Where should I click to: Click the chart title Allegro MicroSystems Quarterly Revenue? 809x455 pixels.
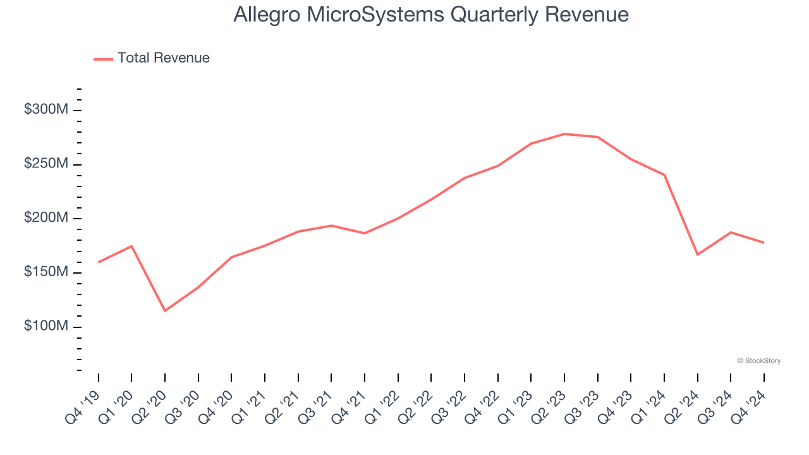click(x=431, y=15)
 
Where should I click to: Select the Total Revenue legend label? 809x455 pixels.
click(x=163, y=58)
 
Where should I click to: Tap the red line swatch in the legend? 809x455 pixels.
click(x=103, y=59)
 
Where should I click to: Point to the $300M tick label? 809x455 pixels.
click(x=46, y=110)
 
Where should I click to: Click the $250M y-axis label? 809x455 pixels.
click(x=46, y=164)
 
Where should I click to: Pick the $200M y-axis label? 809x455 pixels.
click(x=46, y=218)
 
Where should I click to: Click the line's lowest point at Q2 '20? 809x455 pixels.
click(x=165, y=310)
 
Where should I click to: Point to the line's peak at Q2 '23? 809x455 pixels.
click(x=564, y=134)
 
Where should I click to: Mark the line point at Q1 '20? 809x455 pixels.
click(x=131, y=246)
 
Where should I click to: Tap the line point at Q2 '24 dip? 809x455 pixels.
click(x=697, y=255)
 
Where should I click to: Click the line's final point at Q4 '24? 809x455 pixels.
click(x=763, y=243)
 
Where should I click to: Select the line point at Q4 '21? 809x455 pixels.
click(x=365, y=233)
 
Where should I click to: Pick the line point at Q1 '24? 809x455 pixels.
click(x=664, y=174)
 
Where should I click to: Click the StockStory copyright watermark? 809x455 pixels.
click(x=758, y=361)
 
